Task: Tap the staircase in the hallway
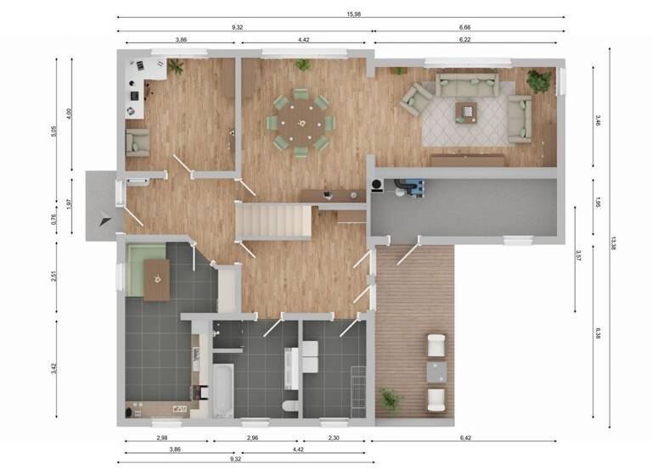point(273,221)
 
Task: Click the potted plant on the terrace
point(391,399)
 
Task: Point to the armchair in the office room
point(138,142)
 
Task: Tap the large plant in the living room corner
point(538,81)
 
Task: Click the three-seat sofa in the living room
point(466,84)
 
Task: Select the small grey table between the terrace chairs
point(436,372)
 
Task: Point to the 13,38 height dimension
point(613,243)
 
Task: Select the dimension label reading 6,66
point(464,27)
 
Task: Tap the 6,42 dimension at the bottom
point(464,436)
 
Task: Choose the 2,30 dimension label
point(334,436)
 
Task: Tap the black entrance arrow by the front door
point(104,217)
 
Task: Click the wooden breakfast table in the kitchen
point(156,279)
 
